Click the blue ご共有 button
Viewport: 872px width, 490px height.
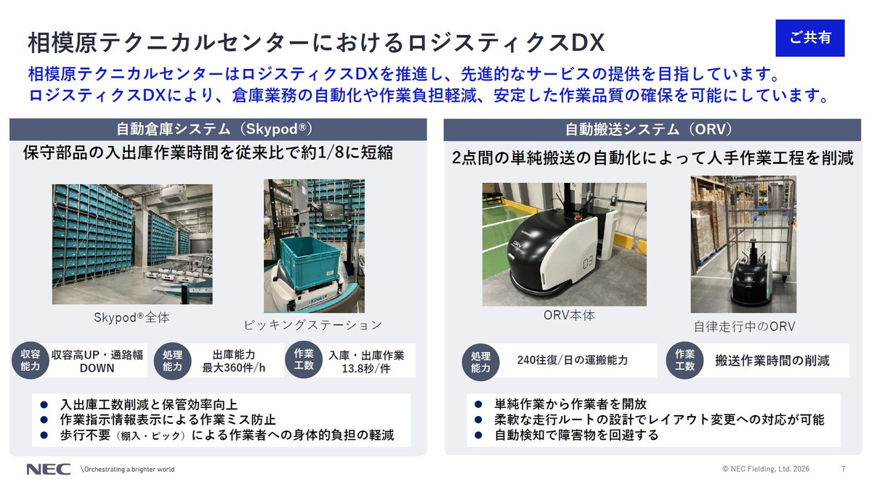pyautogui.click(x=810, y=38)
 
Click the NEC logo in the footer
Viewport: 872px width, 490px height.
pyautogui.click(x=49, y=469)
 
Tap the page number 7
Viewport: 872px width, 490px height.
pyautogui.click(x=843, y=469)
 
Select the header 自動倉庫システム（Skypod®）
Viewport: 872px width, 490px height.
pyautogui.click(x=214, y=129)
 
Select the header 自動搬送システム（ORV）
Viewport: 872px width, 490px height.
pyautogui.click(x=649, y=129)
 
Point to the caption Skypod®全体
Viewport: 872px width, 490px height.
pyautogui.click(x=132, y=318)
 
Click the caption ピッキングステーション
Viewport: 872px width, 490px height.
pyautogui.click(x=312, y=324)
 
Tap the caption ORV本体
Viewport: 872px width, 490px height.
pyautogui.click(x=569, y=316)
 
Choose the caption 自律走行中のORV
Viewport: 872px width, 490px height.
pyautogui.click(x=743, y=327)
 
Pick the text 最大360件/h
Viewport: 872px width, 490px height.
pyautogui.click(x=233, y=368)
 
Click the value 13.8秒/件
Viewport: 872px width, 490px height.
pyautogui.click(x=366, y=369)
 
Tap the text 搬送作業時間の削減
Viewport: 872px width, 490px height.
pyautogui.click(x=772, y=360)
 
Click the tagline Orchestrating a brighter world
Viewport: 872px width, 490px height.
pyautogui.click(x=128, y=469)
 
